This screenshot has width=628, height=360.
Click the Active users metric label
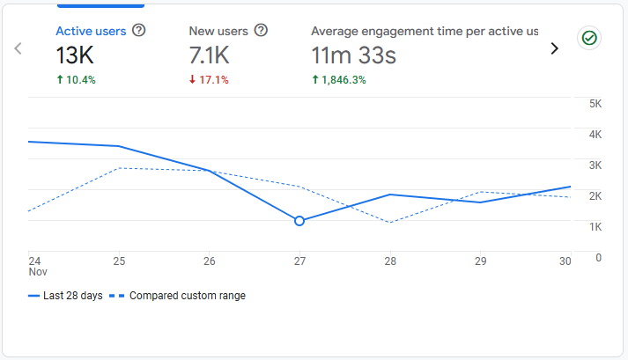pyautogui.click(x=91, y=31)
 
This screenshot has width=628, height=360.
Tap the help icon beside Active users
pyautogui.click(x=138, y=31)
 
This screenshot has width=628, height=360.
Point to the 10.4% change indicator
pyautogui.click(x=76, y=80)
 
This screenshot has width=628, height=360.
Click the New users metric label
pyautogui.click(x=218, y=31)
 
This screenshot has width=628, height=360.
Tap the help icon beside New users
pyautogui.click(x=261, y=31)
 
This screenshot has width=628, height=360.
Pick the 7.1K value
pyautogui.click(x=210, y=56)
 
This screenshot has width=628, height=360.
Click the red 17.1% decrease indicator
pyautogui.click(x=209, y=80)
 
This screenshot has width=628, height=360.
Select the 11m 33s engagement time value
pyautogui.click(x=353, y=56)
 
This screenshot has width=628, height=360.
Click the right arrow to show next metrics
pyautogui.click(x=554, y=48)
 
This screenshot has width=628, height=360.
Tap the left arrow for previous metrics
pyautogui.click(x=18, y=48)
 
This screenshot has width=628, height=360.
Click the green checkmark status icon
pyautogui.click(x=588, y=38)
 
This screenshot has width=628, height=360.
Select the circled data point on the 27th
pyautogui.click(x=299, y=221)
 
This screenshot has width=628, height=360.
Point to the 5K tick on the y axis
pyautogui.click(x=595, y=104)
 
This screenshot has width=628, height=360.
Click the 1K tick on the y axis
pyautogui.click(x=595, y=227)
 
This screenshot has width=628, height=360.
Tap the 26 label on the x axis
pyautogui.click(x=209, y=261)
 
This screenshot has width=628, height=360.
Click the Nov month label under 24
pyautogui.click(x=37, y=273)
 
